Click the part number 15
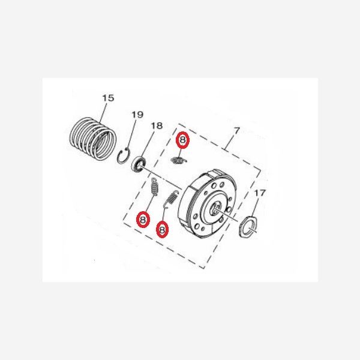(x=107, y=97)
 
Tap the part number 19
(x=137, y=115)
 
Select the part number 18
(x=156, y=126)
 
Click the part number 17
(x=259, y=193)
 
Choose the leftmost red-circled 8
(x=143, y=220)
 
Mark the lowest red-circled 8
(x=161, y=229)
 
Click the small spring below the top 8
(x=178, y=159)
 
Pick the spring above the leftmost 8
(x=154, y=190)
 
